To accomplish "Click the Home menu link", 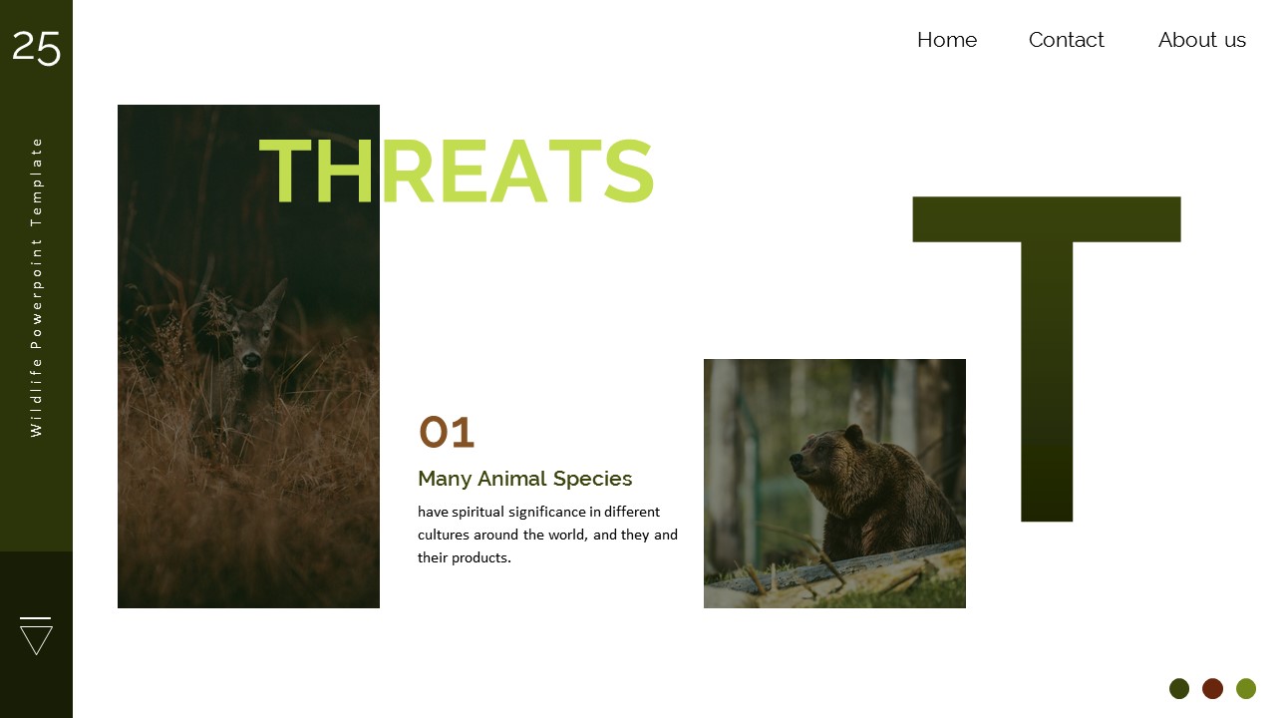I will point(946,40).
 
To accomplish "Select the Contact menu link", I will point(1066,40).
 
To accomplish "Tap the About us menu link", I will point(1201,40).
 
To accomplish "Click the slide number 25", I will point(36,47).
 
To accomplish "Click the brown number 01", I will point(446,433).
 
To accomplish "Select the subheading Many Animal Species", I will point(524,479).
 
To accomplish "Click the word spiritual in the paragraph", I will point(478,512).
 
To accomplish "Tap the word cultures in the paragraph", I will point(446,535).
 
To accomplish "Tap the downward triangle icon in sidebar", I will point(36,635).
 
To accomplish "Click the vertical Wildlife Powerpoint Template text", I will point(37,286).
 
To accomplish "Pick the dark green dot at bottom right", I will point(1179,688).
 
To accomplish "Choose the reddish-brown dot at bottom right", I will point(1212,688).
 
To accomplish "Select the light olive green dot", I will point(1246,688).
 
